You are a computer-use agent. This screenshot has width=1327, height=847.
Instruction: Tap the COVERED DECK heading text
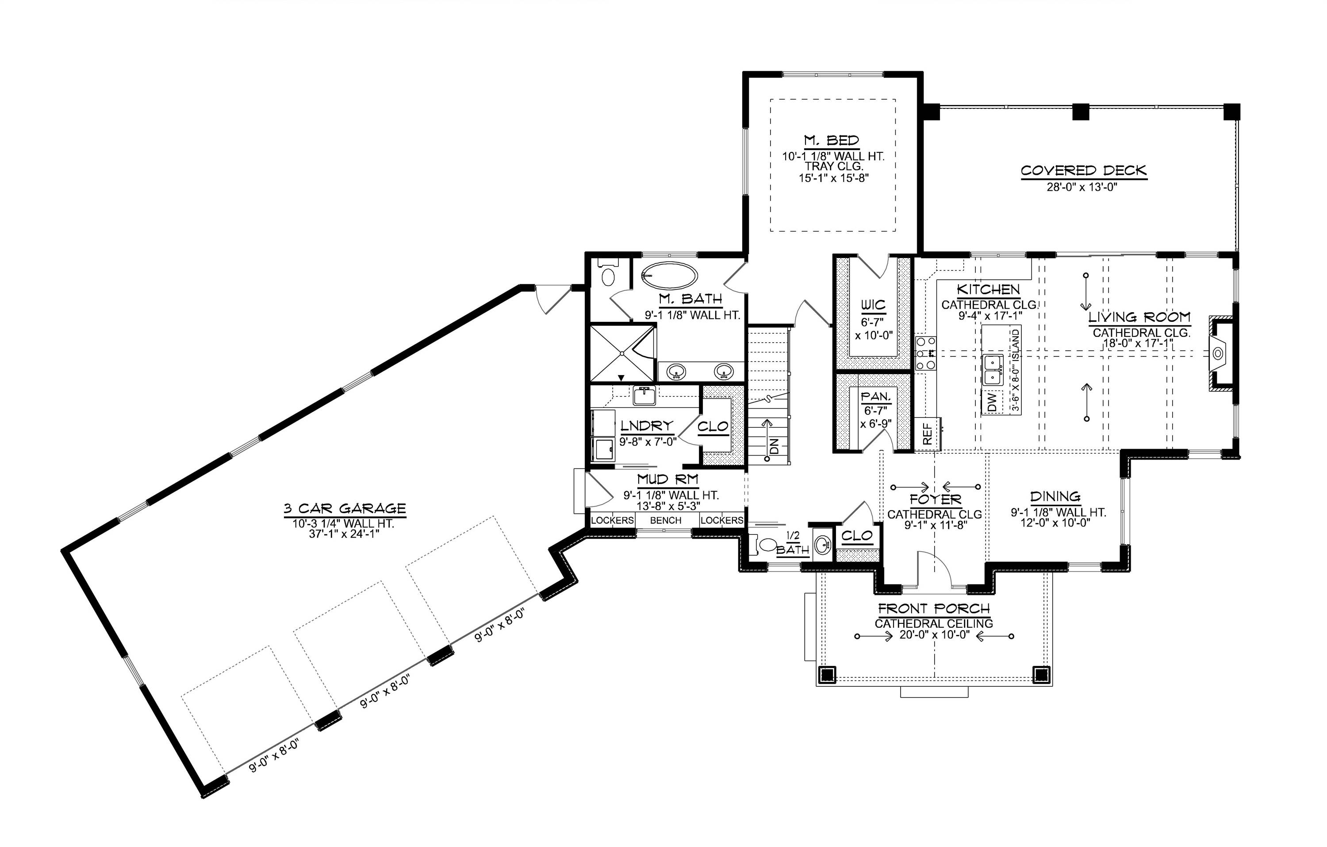click(x=1083, y=170)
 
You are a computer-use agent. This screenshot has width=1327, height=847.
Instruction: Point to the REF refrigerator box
click(x=928, y=433)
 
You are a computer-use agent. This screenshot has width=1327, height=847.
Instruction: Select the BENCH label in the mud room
click(x=666, y=520)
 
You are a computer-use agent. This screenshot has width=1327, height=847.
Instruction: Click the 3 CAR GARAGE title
click(x=345, y=508)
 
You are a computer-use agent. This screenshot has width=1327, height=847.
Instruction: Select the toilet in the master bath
click(x=608, y=274)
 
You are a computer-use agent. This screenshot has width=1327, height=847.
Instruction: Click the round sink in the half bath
click(x=823, y=545)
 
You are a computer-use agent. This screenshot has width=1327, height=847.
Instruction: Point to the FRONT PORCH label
click(x=933, y=609)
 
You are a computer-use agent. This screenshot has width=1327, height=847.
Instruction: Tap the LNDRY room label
click(x=646, y=425)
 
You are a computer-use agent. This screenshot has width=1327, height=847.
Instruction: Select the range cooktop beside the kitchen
click(x=925, y=353)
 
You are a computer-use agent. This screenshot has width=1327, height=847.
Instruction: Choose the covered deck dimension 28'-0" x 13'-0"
click(x=1082, y=187)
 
